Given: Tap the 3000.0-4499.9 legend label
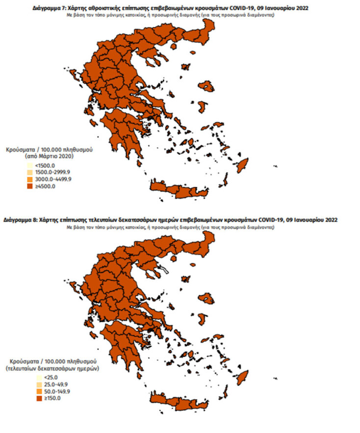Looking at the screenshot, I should coord(50,179).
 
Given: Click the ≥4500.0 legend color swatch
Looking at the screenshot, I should coord(30,186).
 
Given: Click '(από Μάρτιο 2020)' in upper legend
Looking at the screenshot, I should coord(49,156).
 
